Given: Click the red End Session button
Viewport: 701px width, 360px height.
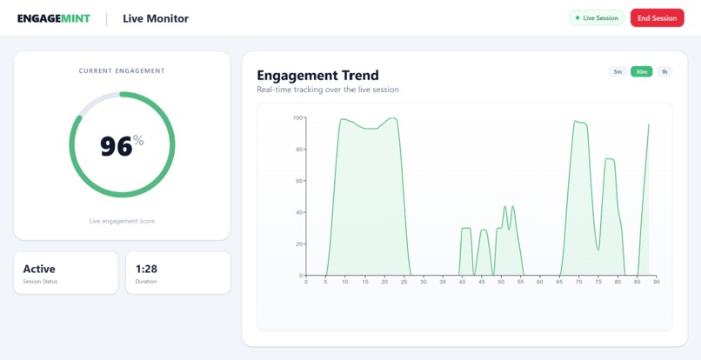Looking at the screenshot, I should pyautogui.click(x=657, y=18).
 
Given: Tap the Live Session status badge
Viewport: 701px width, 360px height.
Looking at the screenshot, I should pyautogui.click(x=597, y=18).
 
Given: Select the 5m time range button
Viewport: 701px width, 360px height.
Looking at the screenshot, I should pyautogui.click(x=618, y=72).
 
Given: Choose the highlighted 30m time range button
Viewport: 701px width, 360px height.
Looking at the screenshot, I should pyautogui.click(x=642, y=72).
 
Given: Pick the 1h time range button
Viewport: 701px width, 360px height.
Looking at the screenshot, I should pyautogui.click(x=664, y=72).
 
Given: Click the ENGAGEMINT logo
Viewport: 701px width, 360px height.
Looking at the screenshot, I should pyautogui.click(x=54, y=18).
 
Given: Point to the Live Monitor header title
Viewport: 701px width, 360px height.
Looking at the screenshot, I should pyautogui.click(x=156, y=18).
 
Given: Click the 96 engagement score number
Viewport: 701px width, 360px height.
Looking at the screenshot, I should pyautogui.click(x=117, y=146).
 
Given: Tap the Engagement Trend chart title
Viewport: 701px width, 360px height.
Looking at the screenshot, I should pyautogui.click(x=317, y=76).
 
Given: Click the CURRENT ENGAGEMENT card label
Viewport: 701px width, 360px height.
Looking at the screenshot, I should pyautogui.click(x=122, y=71).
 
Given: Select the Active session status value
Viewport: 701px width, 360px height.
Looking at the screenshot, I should pyautogui.click(x=39, y=270).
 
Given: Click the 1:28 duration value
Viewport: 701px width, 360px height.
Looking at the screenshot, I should pyautogui.click(x=146, y=270).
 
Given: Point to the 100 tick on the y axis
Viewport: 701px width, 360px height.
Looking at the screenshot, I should pyautogui.click(x=297, y=117).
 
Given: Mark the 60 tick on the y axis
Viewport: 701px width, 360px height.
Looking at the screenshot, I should pyautogui.click(x=299, y=181).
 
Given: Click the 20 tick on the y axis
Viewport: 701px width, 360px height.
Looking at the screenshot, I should pyautogui.click(x=299, y=244).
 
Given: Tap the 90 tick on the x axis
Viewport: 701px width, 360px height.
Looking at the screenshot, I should pyautogui.click(x=657, y=282).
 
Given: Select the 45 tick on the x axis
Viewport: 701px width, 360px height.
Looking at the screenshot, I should pyautogui.click(x=481, y=282).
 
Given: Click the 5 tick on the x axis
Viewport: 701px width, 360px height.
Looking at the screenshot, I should pyautogui.click(x=325, y=282).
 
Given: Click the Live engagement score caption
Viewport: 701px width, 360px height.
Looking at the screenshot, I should pyautogui.click(x=122, y=221).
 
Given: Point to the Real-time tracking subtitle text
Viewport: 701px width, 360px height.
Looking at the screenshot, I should pyautogui.click(x=328, y=90).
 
